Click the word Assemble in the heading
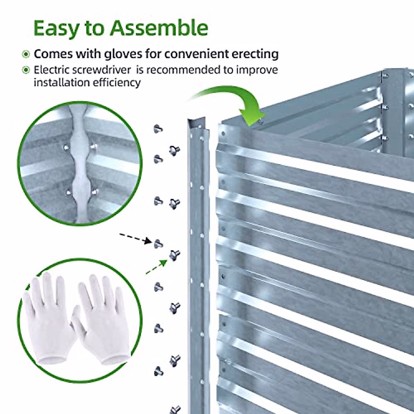(x=159, y=28)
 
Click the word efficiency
(x=116, y=83)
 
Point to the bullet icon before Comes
(x=26, y=55)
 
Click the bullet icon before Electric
(x=26, y=70)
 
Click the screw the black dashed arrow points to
(x=158, y=244)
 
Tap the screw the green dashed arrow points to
(x=174, y=255)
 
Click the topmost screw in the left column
(x=158, y=129)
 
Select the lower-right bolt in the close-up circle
(x=95, y=191)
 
